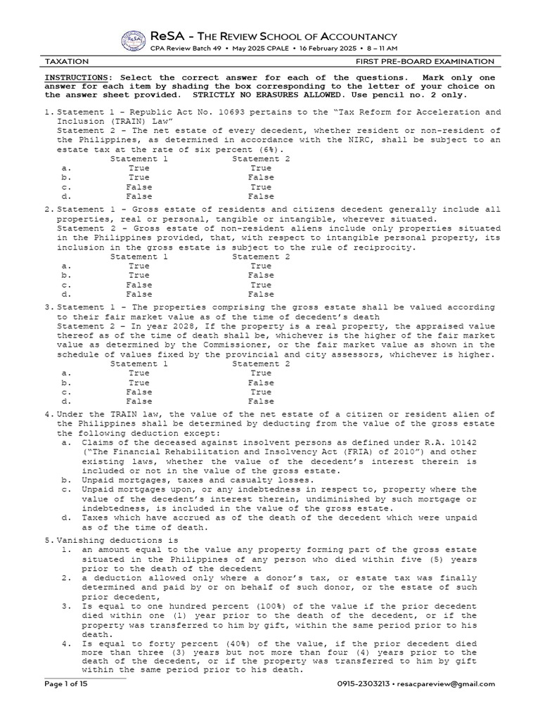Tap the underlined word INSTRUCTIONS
tap(77, 77)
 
